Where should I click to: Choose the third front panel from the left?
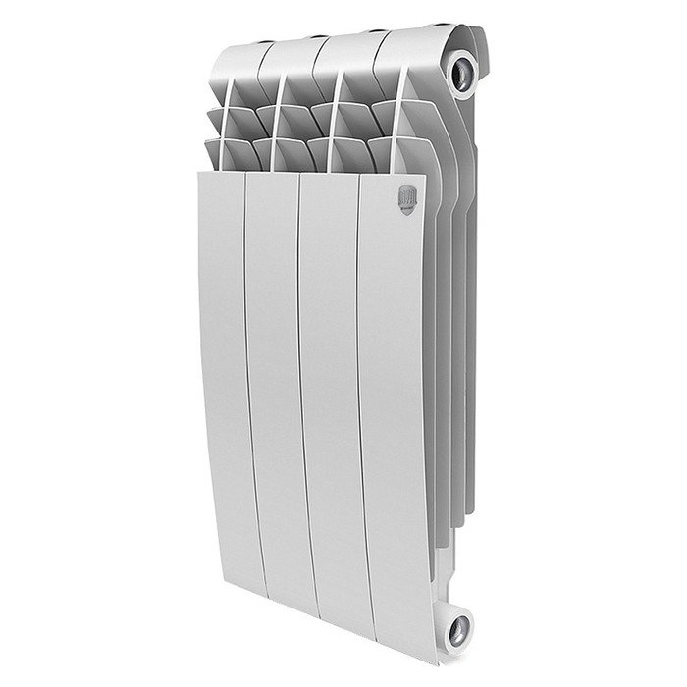(331, 393)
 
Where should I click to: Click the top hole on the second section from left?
(320, 38)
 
